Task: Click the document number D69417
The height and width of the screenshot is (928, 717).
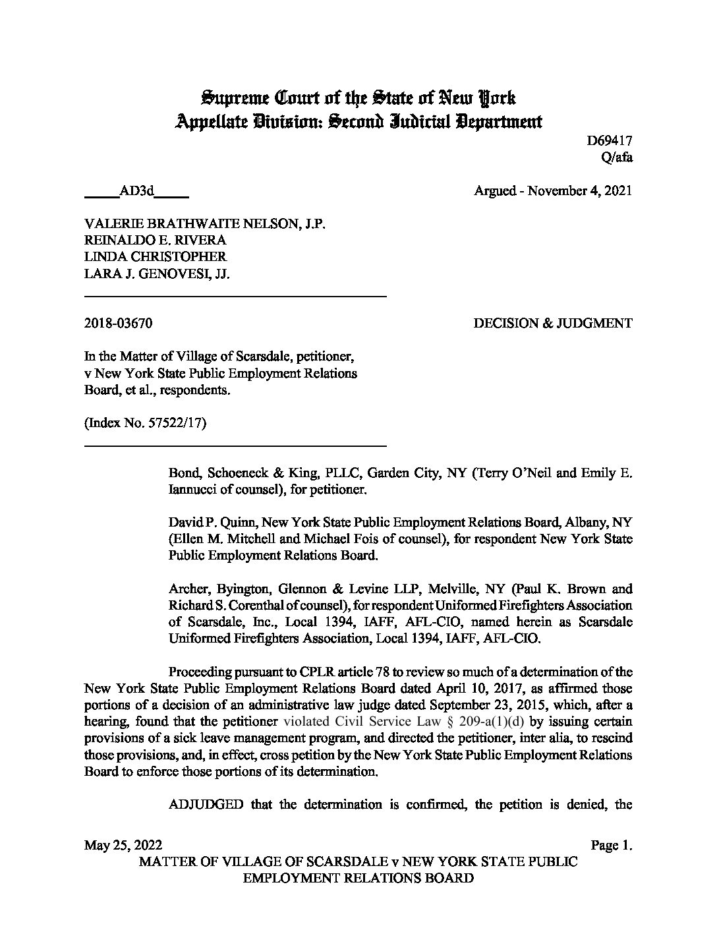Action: pyautogui.click(x=610, y=140)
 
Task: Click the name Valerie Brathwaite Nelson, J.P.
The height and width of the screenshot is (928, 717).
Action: pyautogui.click(x=205, y=224)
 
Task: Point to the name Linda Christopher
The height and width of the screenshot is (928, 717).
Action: pyautogui.click(x=155, y=257)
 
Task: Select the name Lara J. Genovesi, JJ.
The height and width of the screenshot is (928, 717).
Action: pyautogui.click(x=157, y=274)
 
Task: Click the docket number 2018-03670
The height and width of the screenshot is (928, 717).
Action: pyautogui.click(x=119, y=324)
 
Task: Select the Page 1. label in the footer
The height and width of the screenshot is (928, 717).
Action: pyautogui.click(x=612, y=846)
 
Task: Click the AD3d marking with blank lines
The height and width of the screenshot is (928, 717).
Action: pyautogui.click(x=136, y=191)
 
